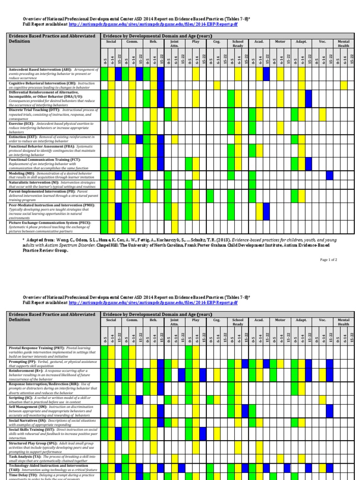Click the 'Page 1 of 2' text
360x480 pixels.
[329, 259]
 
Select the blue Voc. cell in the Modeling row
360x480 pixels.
[330, 175]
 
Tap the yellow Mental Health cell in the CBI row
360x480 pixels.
[344, 85]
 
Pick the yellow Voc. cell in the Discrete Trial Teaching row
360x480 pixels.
[322, 114]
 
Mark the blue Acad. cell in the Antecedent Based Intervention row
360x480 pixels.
[266, 74]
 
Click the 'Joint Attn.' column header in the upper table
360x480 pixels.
[174, 44]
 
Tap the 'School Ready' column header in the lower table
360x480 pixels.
[238, 322]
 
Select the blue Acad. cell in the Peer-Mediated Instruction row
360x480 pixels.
[266, 211]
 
